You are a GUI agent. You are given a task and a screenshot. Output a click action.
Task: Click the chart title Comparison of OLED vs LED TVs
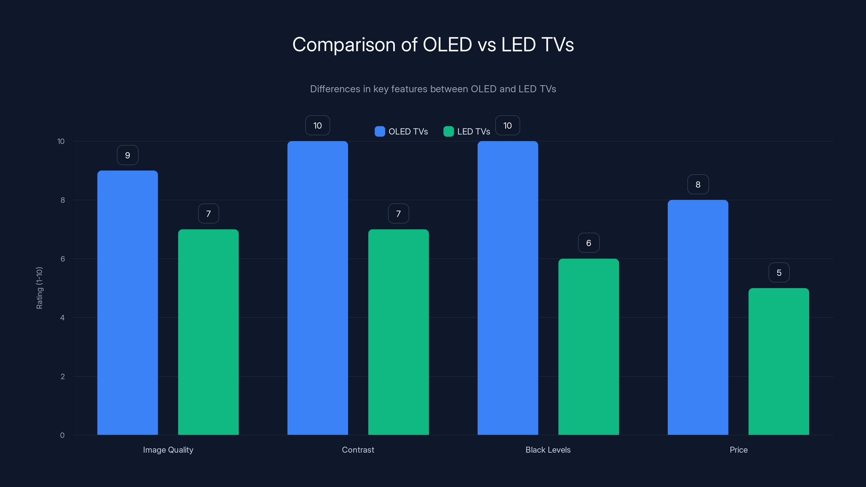point(433,45)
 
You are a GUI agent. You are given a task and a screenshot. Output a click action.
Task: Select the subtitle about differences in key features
point(433,89)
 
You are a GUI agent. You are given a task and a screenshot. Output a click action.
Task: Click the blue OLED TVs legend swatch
point(379,131)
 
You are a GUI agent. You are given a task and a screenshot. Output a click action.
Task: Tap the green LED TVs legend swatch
point(448,131)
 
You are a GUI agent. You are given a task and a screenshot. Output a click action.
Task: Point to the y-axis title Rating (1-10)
point(39,288)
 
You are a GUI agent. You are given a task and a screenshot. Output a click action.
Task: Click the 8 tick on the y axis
point(63,200)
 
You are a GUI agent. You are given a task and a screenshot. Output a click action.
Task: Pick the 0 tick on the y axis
point(62,435)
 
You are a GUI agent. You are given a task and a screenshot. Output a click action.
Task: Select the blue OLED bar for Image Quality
point(127,302)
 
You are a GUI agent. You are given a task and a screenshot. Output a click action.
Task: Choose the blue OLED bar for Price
point(698,317)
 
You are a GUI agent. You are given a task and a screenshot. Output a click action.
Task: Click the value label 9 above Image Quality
point(127,155)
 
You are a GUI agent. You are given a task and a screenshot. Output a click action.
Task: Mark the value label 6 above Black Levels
point(589,243)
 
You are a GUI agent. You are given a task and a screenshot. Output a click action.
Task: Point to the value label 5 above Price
point(779,272)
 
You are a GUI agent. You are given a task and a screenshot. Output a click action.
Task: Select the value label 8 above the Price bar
point(698,185)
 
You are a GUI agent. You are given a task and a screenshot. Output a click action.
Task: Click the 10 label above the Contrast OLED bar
point(317,126)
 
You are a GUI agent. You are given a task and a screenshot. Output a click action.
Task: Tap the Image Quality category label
point(168,450)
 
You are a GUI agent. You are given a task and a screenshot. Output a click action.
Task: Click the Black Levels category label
point(548,450)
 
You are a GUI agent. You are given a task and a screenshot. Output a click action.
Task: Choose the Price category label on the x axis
point(738,450)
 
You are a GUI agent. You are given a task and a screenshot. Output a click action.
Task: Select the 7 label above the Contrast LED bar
point(398,214)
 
